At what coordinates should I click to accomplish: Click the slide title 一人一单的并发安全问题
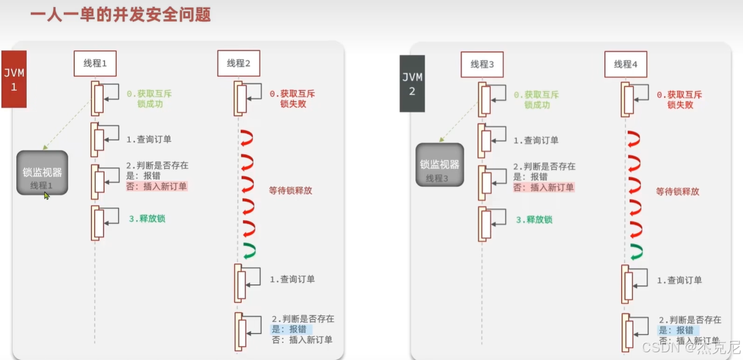click(121, 14)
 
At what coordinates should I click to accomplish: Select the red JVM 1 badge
click(14, 79)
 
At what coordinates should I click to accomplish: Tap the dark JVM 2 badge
click(412, 84)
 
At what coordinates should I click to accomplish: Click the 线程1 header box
click(95, 63)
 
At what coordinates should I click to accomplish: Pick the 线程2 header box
click(238, 63)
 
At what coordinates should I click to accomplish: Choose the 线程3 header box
click(482, 64)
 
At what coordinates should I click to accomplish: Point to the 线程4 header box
click(625, 64)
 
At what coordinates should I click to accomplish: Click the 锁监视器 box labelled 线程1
click(42, 173)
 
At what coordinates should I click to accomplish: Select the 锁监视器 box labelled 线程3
click(439, 165)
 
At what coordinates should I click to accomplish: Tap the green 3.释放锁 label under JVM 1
click(147, 219)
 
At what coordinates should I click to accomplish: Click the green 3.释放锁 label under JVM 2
click(534, 220)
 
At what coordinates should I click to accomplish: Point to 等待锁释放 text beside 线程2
click(291, 190)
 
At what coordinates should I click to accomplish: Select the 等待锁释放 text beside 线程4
click(678, 192)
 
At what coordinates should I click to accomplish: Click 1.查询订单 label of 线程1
click(149, 139)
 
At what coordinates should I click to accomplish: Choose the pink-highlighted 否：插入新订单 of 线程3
click(543, 187)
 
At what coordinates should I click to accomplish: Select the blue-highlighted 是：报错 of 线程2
click(291, 329)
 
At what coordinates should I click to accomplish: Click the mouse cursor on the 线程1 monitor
click(47, 195)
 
